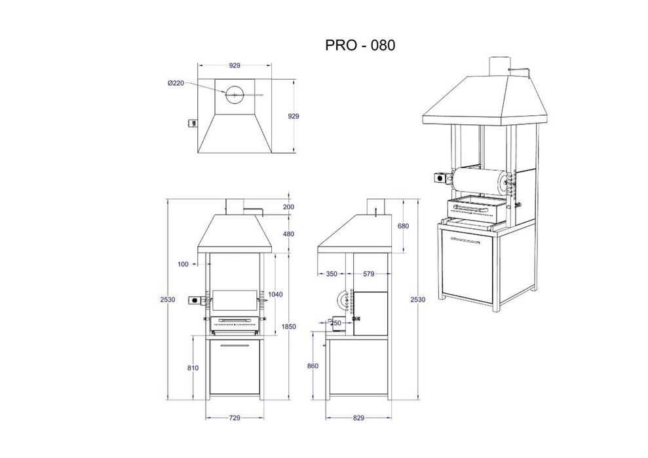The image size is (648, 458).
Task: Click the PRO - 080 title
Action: (360, 45)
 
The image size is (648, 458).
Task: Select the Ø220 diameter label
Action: (176, 83)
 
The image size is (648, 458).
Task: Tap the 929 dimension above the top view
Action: (235, 65)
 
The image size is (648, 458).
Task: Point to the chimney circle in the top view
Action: (235, 95)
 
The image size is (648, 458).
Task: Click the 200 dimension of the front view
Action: (288, 207)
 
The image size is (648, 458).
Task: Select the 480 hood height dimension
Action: (288, 234)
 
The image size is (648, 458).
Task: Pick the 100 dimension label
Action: (183, 264)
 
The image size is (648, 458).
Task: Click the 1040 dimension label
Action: (275, 294)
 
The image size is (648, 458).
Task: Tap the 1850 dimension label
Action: (288, 326)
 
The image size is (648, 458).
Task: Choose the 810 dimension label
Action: (193, 368)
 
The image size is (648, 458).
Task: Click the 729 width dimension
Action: (235, 418)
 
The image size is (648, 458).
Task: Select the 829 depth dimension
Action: (358, 418)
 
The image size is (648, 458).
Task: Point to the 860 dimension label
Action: (313, 366)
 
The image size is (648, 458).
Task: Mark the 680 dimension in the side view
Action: (403, 226)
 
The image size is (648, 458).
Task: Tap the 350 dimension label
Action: (332, 273)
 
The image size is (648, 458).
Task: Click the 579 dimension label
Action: (368, 273)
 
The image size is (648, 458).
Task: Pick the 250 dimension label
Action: (336, 323)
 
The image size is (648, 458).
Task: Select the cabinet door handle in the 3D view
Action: (465, 241)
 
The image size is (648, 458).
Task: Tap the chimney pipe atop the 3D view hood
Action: (498, 67)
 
